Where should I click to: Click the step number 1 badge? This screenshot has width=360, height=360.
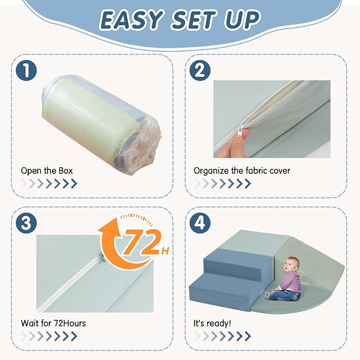26,71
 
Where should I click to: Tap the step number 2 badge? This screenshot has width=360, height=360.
200,71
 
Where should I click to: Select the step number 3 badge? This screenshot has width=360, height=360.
26,223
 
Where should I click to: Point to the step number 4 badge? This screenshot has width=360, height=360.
200,223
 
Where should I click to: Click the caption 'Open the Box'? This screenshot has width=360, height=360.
47,171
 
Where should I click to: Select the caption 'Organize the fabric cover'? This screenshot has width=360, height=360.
242,171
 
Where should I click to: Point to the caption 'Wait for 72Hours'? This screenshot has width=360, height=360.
53,323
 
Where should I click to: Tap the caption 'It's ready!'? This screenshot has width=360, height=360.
213,323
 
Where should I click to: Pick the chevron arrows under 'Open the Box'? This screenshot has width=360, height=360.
49,183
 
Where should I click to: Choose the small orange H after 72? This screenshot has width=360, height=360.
165,251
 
